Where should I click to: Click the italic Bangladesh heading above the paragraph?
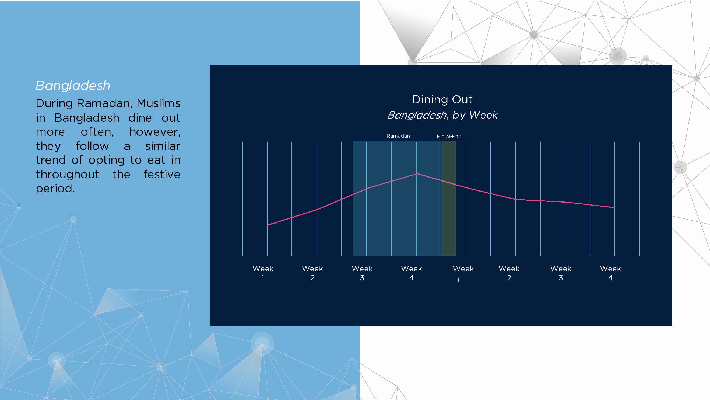(73, 85)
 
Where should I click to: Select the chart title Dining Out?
(442, 99)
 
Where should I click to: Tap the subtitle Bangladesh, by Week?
(442, 115)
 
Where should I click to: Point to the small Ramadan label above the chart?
(398, 136)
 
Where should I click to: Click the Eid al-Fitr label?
(448, 136)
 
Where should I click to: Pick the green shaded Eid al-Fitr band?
(449, 198)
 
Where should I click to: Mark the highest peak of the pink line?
(417, 173)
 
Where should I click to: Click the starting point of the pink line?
(267, 225)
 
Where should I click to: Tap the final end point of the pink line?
(614, 207)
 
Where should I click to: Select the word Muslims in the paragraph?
(159, 103)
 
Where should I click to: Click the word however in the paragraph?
(155, 132)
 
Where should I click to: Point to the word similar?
(163, 146)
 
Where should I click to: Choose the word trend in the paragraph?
(51, 160)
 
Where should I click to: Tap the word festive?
(162, 174)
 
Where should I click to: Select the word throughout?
(68, 174)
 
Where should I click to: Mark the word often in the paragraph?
(97, 132)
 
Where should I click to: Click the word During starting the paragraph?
(54, 103)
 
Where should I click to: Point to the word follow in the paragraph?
(92, 146)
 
